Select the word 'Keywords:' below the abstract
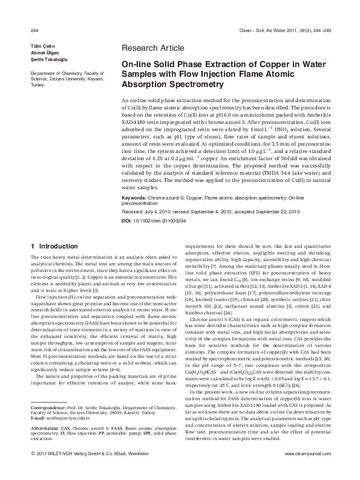point(134,198)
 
